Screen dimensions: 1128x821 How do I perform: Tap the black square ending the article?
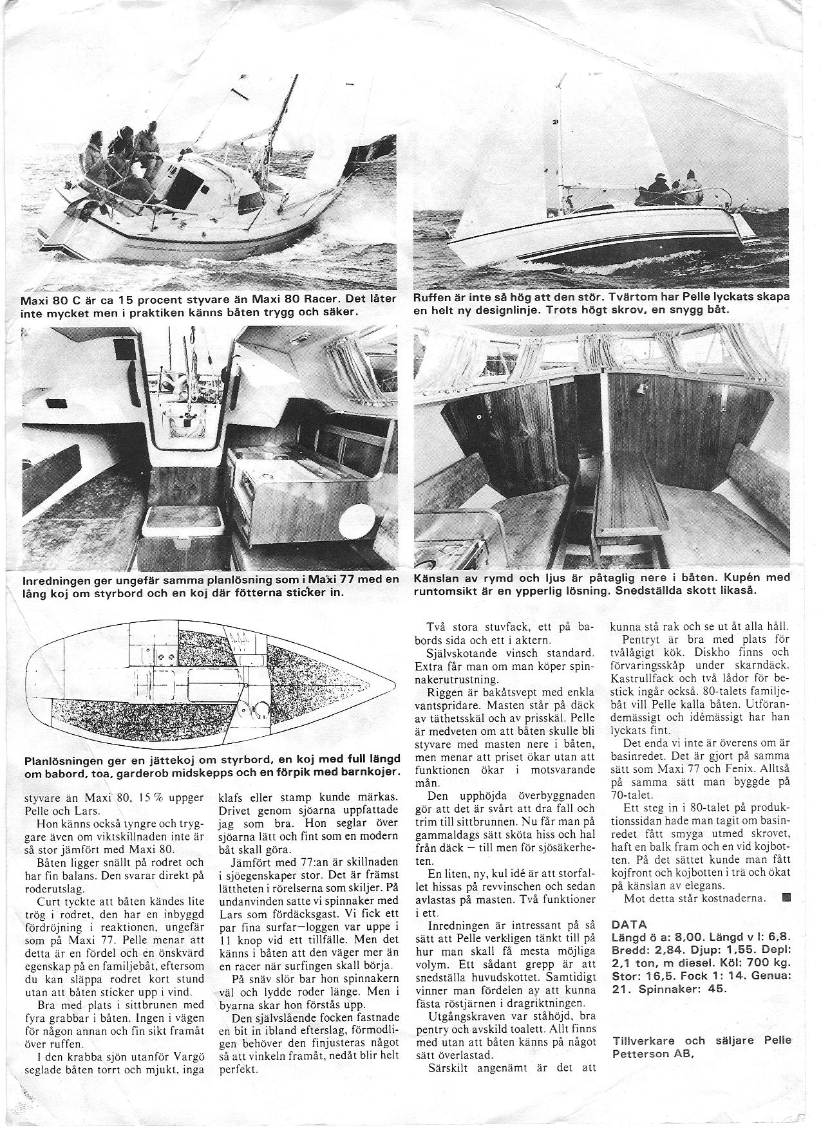pos(785,898)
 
